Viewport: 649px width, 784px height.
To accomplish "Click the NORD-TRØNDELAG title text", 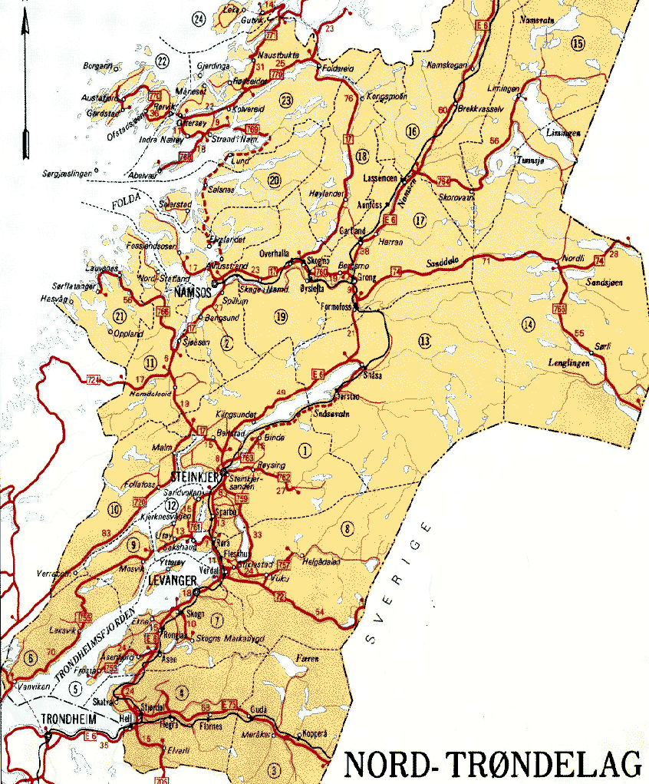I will (493, 765).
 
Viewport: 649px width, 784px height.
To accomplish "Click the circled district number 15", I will (578, 43).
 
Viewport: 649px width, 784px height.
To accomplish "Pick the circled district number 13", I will (425, 339).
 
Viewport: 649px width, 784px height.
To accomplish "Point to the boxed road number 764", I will (443, 181).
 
